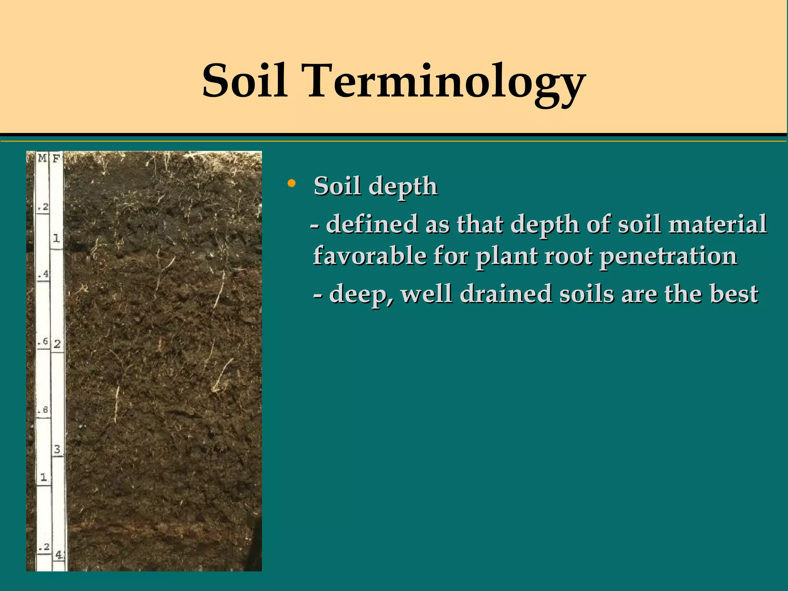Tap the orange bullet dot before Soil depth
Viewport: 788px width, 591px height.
tap(292, 183)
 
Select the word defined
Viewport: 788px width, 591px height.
tap(372, 224)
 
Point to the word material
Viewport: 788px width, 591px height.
tap(717, 224)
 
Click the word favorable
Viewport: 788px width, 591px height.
tap(370, 255)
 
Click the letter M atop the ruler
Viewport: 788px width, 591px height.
tap(42, 158)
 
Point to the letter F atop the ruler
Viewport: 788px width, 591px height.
tap(56, 158)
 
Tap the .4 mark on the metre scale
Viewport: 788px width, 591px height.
tap(43, 274)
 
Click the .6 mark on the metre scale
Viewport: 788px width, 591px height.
tap(43, 342)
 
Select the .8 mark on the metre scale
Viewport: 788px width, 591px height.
tap(43, 410)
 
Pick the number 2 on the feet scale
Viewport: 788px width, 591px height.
tap(57, 344)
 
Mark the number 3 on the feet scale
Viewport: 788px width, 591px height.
tap(57, 449)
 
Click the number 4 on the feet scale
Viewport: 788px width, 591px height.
tap(58, 554)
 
